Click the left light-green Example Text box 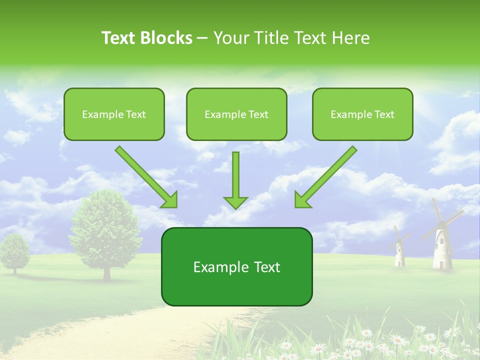pyautogui.click(x=114, y=114)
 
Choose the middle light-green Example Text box pyautogui.click(x=236, y=114)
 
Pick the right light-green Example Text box pyautogui.click(x=362, y=114)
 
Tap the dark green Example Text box pyautogui.click(x=236, y=267)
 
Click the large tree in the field pyautogui.click(x=105, y=230)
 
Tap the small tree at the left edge pyautogui.click(x=13, y=250)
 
